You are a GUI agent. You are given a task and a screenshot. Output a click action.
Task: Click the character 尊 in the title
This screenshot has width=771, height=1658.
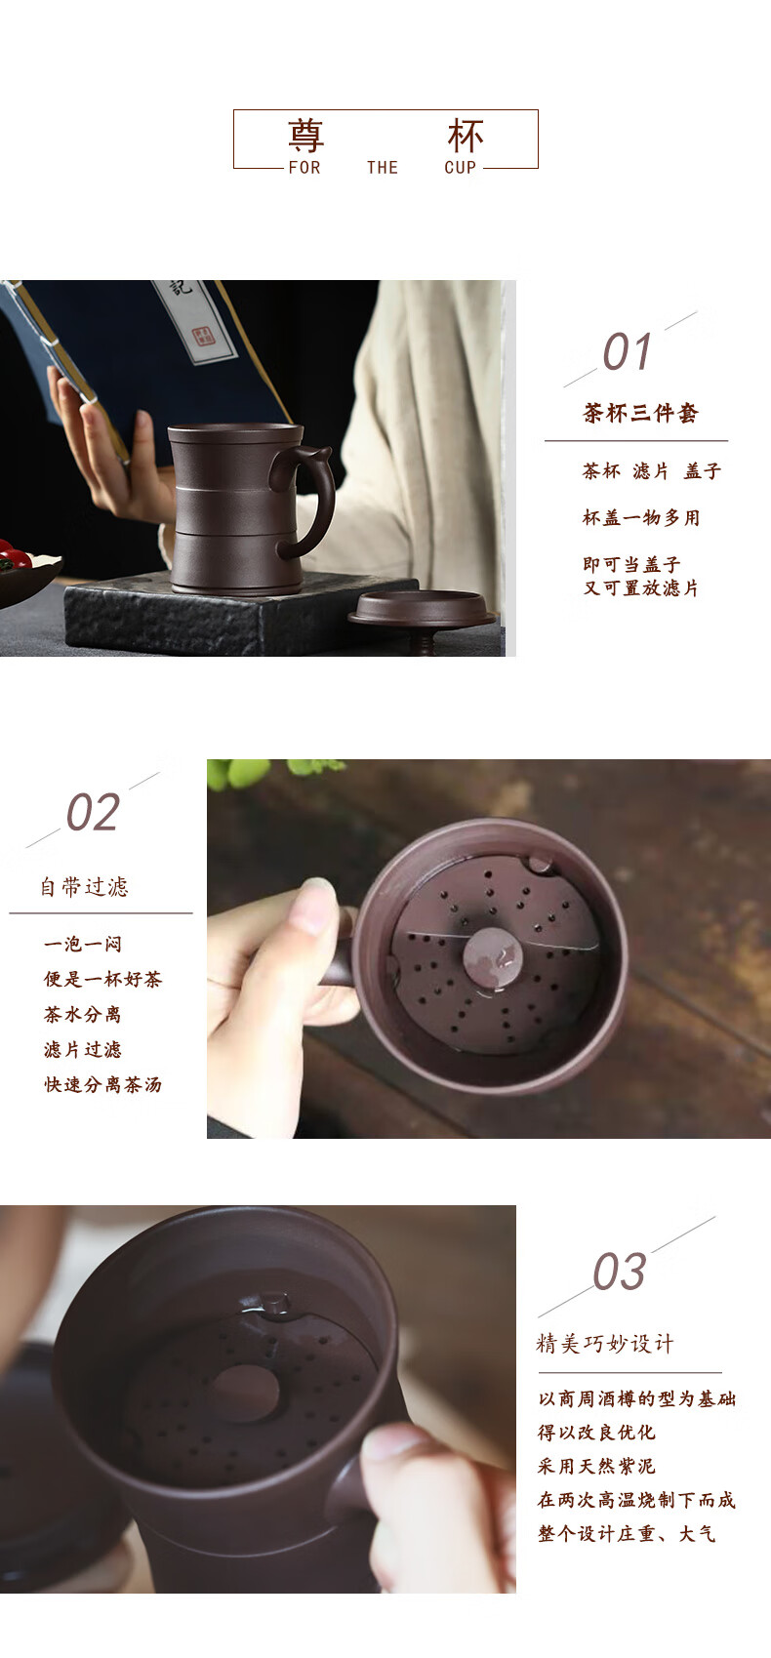[305, 136]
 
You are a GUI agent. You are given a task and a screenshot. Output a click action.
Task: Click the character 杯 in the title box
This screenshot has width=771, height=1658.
[466, 136]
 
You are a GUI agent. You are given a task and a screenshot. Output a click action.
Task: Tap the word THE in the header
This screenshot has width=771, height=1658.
[383, 168]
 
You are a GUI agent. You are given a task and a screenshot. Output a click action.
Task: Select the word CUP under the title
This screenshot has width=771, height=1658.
[461, 168]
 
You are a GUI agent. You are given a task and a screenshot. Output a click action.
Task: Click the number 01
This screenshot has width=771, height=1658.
[627, 351]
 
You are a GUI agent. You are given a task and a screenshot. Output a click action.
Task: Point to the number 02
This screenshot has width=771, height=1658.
[94, 813]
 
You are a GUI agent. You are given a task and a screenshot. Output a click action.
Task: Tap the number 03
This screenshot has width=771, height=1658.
[620, 1273]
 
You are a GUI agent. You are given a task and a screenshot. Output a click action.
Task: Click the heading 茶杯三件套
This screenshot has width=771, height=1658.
[640, 413]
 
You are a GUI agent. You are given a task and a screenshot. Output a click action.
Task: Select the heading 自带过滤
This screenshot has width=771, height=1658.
[84, 887]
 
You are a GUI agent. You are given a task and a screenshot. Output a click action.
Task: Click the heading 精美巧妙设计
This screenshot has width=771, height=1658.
[605, 1344]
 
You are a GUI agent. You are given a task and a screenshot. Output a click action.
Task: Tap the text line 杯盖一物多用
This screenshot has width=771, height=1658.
[641, 517]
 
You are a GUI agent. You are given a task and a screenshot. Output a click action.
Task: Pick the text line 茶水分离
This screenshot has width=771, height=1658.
[82, 1014]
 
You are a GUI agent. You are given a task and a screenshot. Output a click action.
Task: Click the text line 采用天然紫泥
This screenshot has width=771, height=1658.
[596, 1467]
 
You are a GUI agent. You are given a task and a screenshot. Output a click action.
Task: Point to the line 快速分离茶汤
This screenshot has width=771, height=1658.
[102, 1084]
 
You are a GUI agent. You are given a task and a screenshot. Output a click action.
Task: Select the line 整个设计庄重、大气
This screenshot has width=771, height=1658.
[627, 1534]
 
